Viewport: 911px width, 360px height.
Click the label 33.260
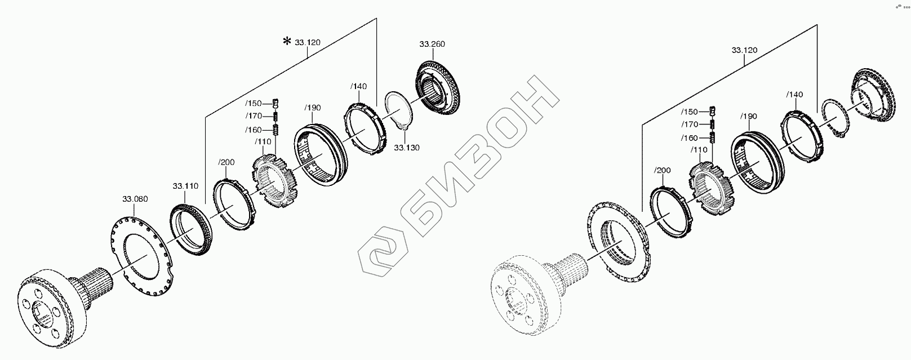click(432, 44)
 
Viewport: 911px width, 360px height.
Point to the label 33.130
click(406, 148)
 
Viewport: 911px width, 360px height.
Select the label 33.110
click(185, 186)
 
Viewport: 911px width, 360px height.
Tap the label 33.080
click(135, 199)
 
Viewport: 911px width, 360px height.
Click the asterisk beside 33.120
click(287, 41)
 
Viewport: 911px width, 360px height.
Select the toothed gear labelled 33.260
click(439, 87)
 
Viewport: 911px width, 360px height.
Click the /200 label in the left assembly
click(226, 162)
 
